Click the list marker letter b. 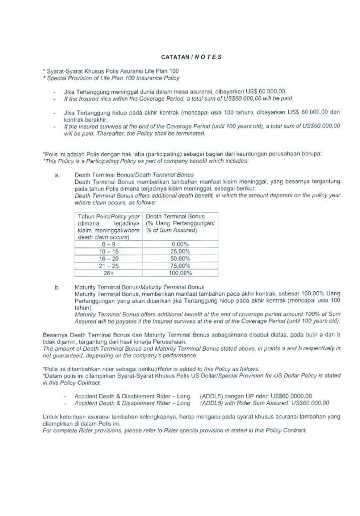click(x=57, y=287)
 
